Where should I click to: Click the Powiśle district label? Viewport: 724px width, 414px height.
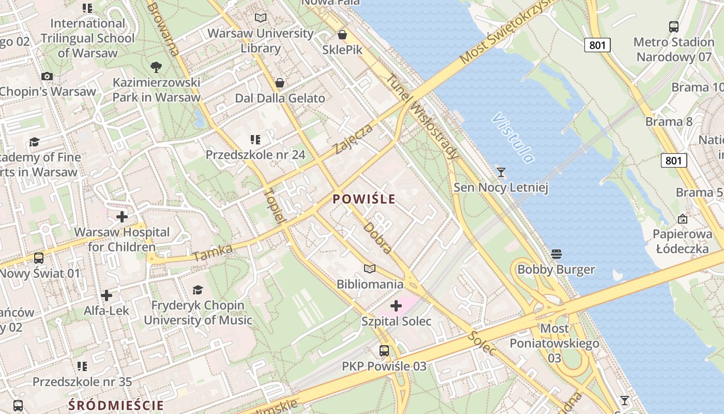coord(364,199)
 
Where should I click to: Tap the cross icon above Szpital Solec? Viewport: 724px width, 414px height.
coord(396,306)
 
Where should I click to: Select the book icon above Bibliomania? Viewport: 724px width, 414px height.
coord(369,269)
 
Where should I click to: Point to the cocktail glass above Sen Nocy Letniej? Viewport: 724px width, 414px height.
coord(501,172)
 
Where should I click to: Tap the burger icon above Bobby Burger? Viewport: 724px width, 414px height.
coord(556,254)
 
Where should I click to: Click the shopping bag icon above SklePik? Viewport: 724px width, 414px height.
coord(342,35)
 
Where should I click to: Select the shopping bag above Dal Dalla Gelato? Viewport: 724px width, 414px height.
coord(280,83)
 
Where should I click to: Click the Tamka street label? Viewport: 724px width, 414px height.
coord(213,253)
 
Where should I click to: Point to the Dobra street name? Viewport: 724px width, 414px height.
coord(377,238)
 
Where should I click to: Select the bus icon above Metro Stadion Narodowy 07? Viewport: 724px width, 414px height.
coord(673,26)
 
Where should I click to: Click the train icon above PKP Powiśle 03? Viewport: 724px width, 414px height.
coord(384,350)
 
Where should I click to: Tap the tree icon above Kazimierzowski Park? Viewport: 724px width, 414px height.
coord(156,67)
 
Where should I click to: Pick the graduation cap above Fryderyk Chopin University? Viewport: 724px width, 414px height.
coord(198,290)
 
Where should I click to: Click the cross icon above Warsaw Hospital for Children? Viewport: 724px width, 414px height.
coord(122,216)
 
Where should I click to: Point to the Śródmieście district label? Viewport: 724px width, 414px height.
coord(116,405)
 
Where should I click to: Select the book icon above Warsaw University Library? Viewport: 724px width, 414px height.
coord(261,18)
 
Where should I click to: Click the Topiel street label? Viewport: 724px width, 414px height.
coord(275,205)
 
